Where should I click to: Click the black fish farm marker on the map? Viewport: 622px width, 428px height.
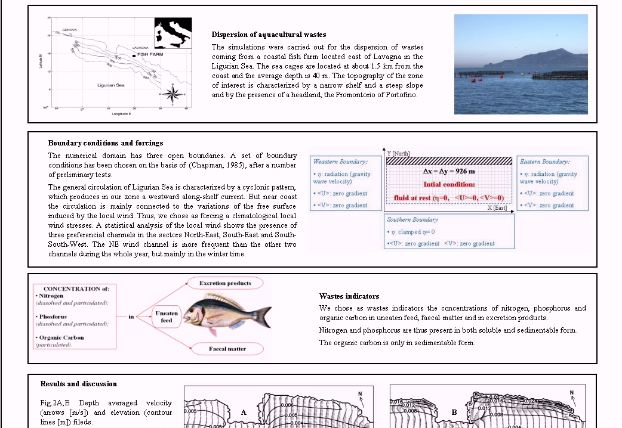(134, 55)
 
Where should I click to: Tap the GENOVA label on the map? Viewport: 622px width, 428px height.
(69, 30)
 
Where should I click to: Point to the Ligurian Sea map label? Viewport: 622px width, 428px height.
(110, 86)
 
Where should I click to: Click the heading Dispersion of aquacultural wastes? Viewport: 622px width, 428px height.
(269, 35)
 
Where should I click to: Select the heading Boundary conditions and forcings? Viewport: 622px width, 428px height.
(105, 143)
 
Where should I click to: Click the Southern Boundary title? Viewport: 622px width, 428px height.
(412, 219)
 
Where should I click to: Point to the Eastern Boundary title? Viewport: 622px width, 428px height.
(544, 162)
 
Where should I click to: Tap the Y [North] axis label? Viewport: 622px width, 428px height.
(399, 154)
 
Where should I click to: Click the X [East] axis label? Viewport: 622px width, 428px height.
(497, 207)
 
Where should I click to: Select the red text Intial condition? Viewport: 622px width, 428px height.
(449, 185)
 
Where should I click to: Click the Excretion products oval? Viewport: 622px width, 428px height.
(225, 283)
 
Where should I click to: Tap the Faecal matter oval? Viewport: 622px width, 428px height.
(226, 349)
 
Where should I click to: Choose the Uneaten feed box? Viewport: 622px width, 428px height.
(167, 316)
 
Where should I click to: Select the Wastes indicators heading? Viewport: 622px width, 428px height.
(349, 296)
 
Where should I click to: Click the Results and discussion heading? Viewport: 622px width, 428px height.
(78, 384)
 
